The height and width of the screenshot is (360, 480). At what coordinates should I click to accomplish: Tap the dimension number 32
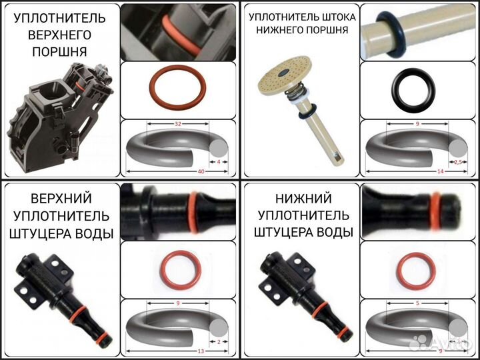coord(177,124)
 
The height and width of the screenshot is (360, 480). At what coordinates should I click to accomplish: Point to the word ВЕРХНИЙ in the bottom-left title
coord(61,198)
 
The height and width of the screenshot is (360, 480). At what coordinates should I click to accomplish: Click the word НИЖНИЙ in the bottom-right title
coord(301,198)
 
